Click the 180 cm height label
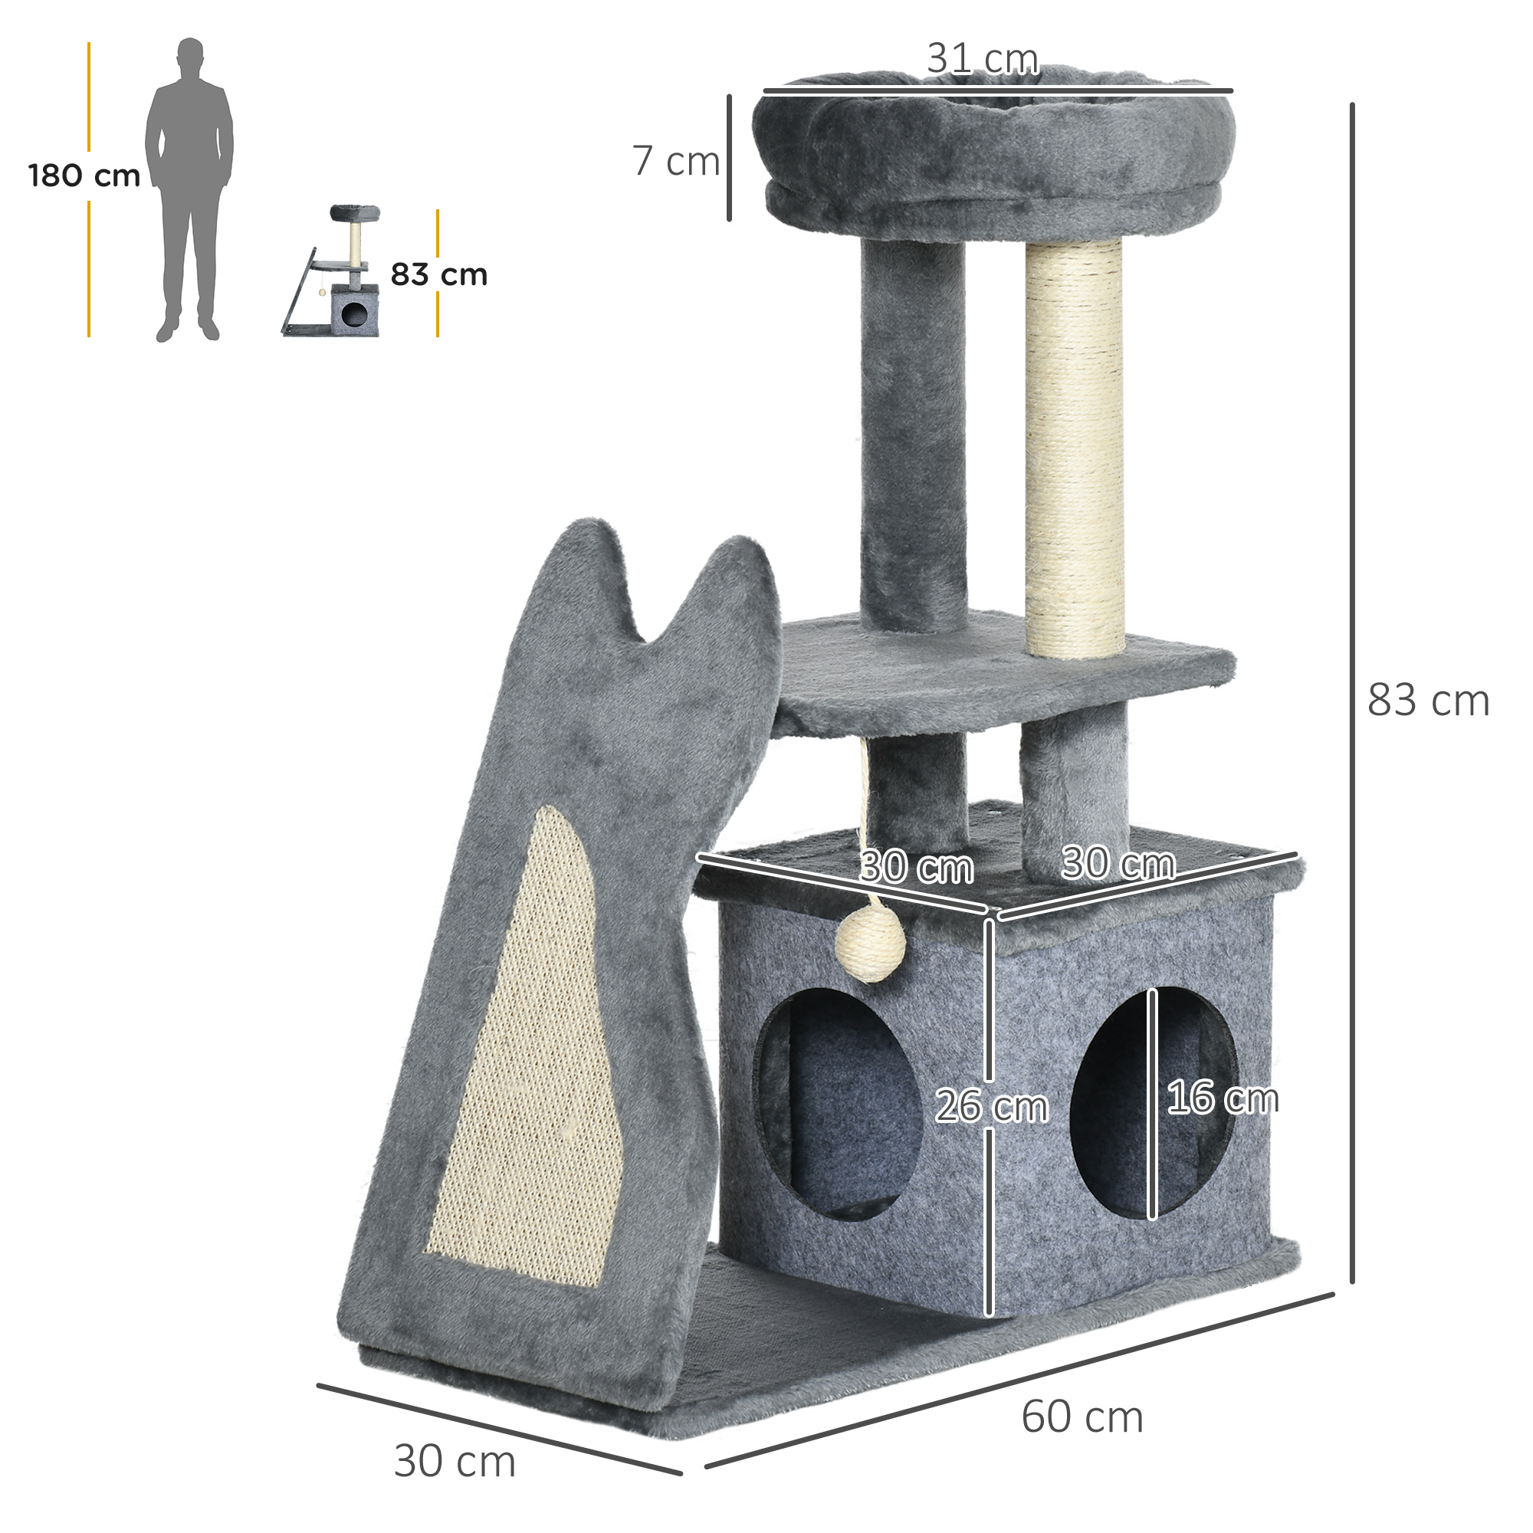(84, 176)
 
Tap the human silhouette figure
(189, 189)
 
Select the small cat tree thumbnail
(332, 271)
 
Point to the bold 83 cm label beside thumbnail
(438, 274)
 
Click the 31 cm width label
(983, 60)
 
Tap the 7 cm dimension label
(676, 161)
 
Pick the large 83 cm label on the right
(1428, 701)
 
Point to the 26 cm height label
(992, 1105)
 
